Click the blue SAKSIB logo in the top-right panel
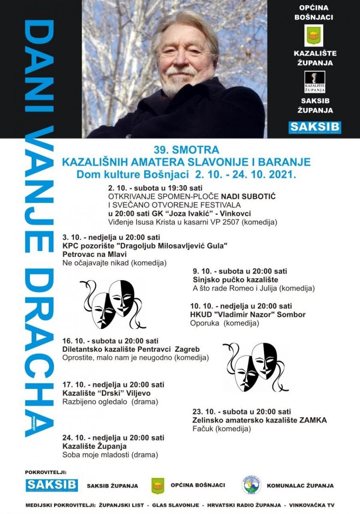tap(315, 127)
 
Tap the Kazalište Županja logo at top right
tap(315, 82)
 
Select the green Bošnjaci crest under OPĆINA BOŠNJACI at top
tap(315, 35)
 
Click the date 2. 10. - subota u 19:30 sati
tap(155, 188)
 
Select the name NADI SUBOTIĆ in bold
tap(250, 196)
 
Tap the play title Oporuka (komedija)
tap(224, 323)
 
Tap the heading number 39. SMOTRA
tap(186, 150)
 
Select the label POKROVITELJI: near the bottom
tap(46, 472)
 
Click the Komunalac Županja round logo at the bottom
tap(251, 485)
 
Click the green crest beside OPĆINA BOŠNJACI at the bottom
tap(158, 486)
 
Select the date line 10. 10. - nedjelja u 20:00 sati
tap(241, 306)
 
